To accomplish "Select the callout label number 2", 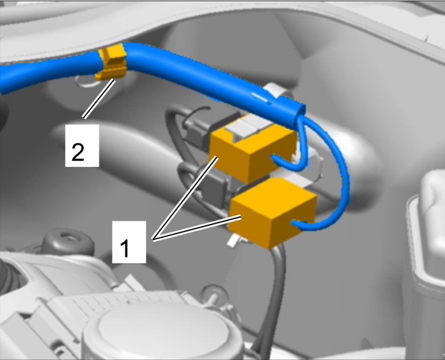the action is pos(82,146).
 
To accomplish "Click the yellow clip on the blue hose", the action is pos(112,63).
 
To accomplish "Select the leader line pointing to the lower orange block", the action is pos(197,228).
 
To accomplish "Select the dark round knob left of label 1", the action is pos(68,243).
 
